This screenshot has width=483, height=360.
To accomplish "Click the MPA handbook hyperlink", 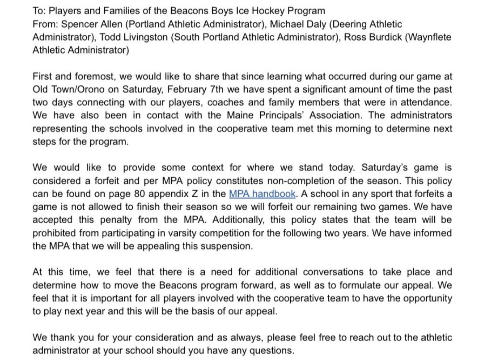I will coord(262,194).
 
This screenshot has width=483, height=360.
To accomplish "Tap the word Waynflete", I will coord(429,37).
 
